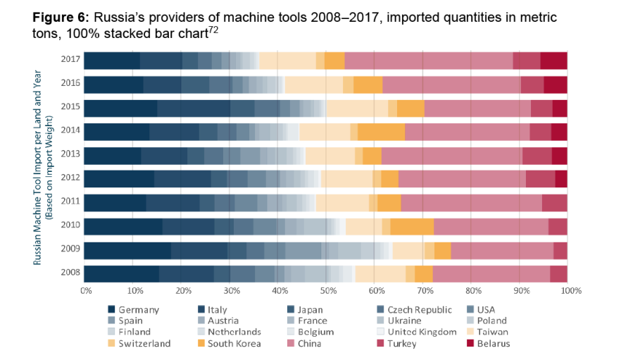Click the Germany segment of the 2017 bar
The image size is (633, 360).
click(x=111, y=61)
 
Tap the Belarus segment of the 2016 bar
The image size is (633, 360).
click(x=555, y=85)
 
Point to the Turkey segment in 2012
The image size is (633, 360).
click(x=540, y=179)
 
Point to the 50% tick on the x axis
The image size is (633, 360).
click(x=327, y=290)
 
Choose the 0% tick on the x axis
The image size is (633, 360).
click(x=87, y=290)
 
